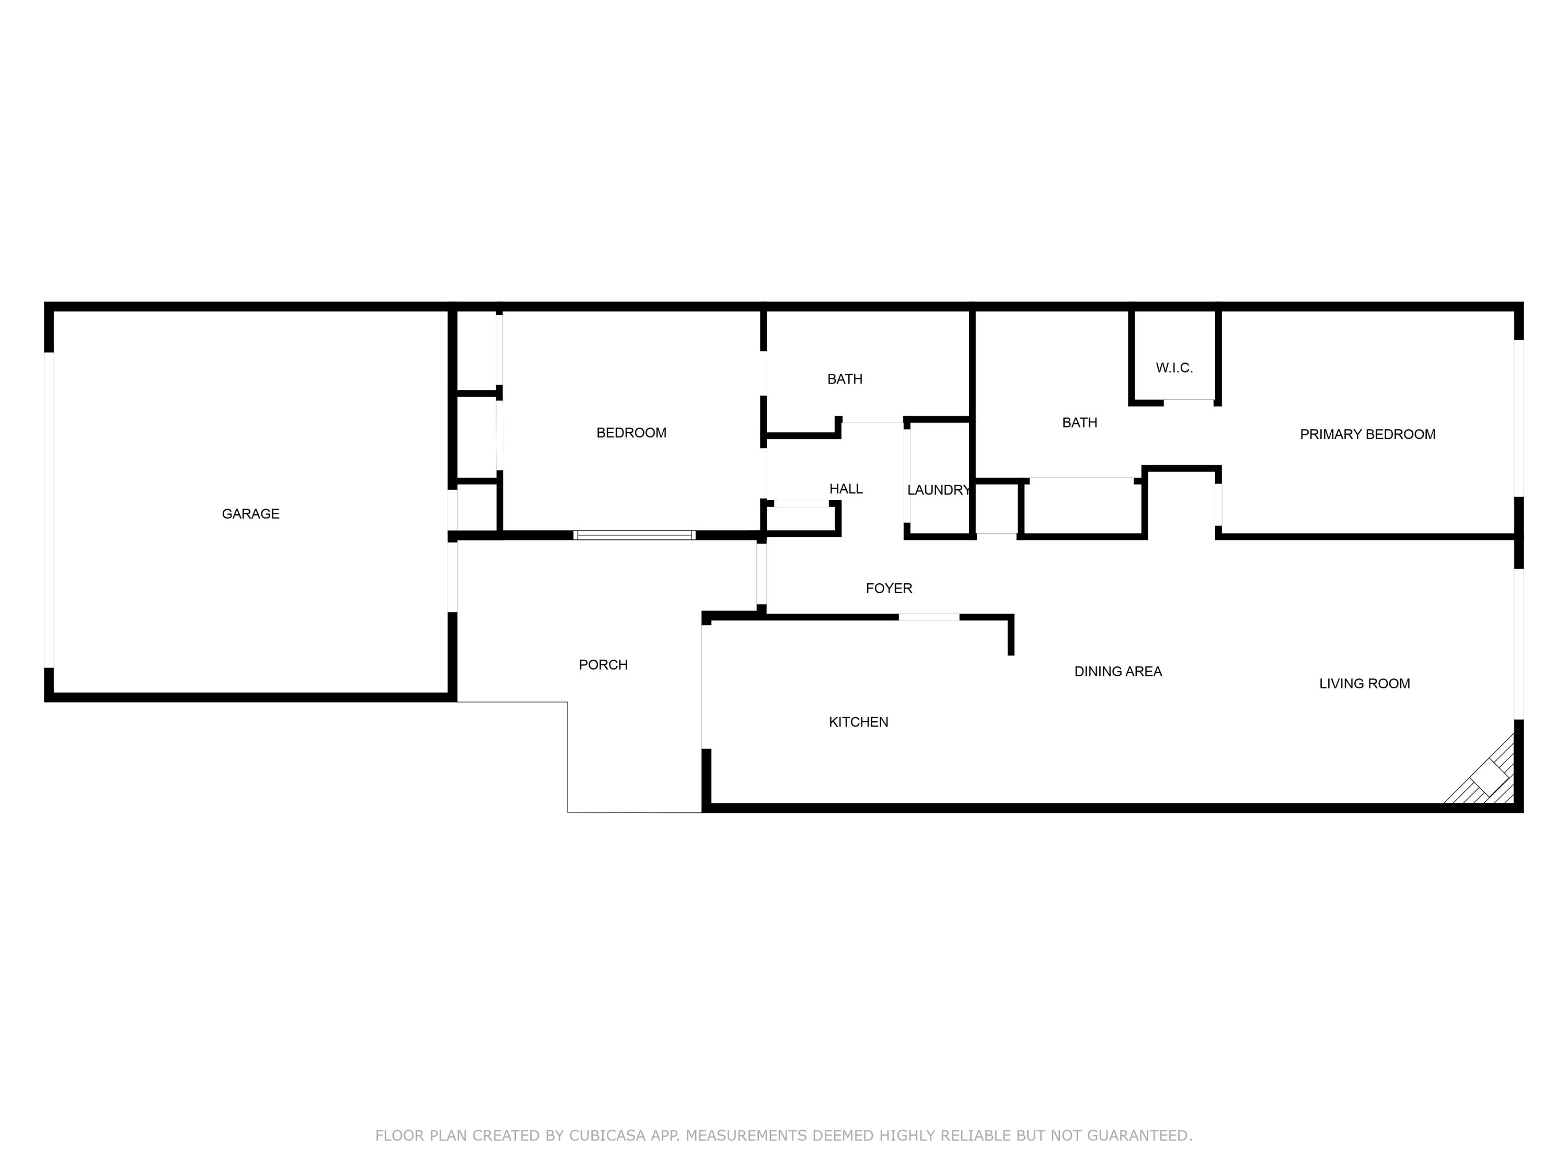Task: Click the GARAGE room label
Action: click(x=250, y=514)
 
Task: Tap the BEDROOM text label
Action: click(x=631, y=433)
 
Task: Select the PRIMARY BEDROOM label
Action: click(x=1367, y=434)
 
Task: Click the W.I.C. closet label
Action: click(x=1174, y=368)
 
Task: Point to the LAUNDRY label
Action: click(x=938, y=490)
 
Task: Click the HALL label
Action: click(x=846, y=489)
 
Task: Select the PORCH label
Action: click(x=603, y=665)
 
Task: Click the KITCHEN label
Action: click(x=858, y=722)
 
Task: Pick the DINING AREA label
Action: click(x=1118, y=672)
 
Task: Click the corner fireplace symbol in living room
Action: click(x=1489, y=778)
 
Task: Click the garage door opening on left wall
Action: click(x=49, y=510)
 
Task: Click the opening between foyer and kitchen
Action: click(x=929, y=617)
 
